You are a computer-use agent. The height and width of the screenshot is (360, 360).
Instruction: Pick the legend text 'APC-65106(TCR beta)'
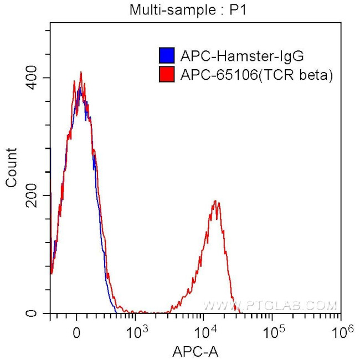point(256,74)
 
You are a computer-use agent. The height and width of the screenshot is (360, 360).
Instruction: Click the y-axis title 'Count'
point(11,168)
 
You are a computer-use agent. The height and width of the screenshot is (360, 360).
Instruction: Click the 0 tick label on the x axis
point(77,332)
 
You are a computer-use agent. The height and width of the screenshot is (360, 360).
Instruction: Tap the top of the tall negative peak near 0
point(81,72)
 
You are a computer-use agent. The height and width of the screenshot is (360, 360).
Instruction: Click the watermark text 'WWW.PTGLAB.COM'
point(270,305)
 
